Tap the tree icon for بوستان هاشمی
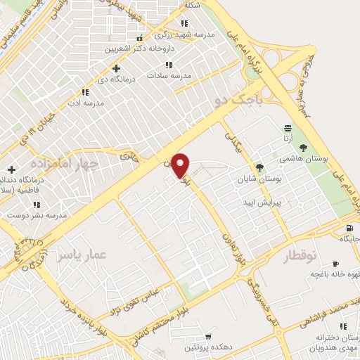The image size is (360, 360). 303,148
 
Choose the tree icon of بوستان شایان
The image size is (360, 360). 259,167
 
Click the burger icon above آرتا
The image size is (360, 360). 288,128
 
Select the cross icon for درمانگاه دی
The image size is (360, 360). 116,68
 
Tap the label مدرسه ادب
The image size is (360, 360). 85,103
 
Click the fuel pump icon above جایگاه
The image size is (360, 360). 349,228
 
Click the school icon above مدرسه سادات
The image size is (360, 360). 167,65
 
